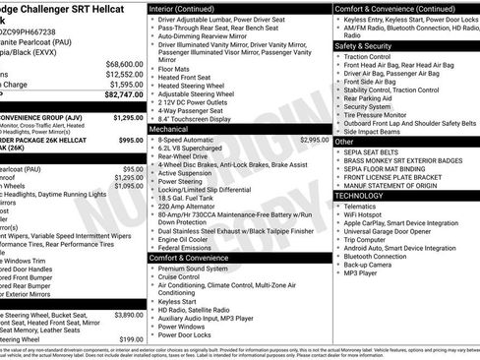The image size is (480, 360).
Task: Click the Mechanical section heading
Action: point(169,128)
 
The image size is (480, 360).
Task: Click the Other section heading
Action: point(345,141)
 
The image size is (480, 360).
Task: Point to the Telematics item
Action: point(366,206)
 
